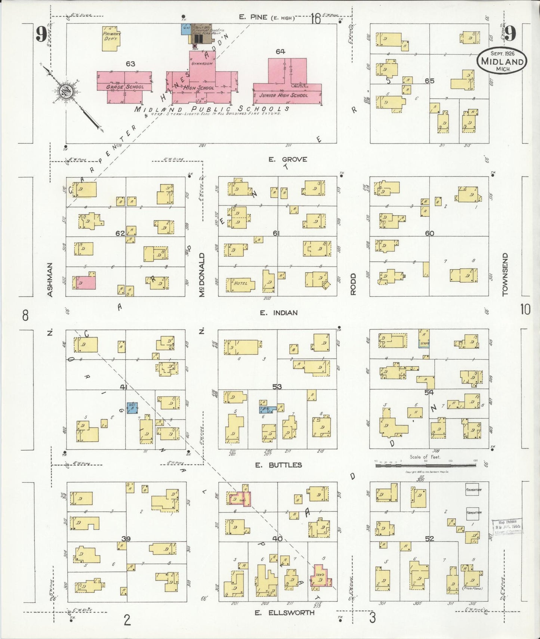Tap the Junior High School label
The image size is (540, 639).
[x=284, y=95]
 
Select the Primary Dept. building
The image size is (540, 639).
[x=111, y=38]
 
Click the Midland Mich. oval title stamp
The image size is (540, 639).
[x=502, y=61]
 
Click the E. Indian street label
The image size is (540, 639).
[x=279, y=313]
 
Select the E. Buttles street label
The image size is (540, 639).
[x=278, y=465]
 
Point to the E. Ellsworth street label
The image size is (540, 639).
[x=284, y=613]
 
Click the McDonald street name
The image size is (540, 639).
[x=202, y=275]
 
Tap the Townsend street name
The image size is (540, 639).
[x=505, y=275]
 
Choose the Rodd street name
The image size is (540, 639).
[x=353, y=284]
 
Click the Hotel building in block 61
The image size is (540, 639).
[x=240, y=285]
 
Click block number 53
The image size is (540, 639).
[x=277, y=387]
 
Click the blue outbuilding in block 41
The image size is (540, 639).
[x=132, y=408]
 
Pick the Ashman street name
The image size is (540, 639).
[x=50, y=280]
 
